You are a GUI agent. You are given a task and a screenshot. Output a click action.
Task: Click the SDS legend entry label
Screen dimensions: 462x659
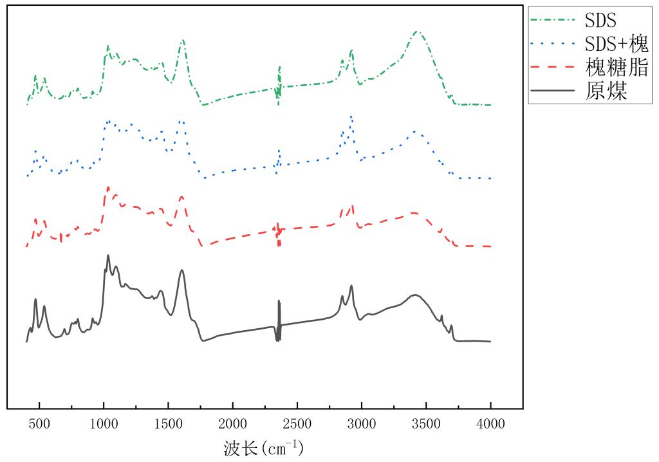click(x=600, y=20)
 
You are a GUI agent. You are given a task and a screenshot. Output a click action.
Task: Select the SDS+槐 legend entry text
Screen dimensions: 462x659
click(x=616, y=44)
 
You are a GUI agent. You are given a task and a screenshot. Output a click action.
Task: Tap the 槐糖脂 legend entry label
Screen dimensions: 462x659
click(x=616, y=68)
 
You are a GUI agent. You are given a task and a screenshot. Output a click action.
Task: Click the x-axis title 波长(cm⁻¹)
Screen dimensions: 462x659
click(x=263, y=447)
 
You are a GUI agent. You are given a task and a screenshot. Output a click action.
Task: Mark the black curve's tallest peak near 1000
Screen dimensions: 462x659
click(x=108, y=255)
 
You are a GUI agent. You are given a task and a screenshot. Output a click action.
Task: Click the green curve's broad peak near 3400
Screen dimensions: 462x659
click(x=417, y=32)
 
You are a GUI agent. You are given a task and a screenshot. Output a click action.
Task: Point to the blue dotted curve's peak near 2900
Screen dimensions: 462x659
click(x=351, y=116)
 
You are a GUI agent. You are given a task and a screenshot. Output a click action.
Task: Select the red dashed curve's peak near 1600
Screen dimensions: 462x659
click(x=182, y=196)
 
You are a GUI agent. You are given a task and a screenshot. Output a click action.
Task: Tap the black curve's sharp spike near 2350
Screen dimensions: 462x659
click(x=279, y=301)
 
